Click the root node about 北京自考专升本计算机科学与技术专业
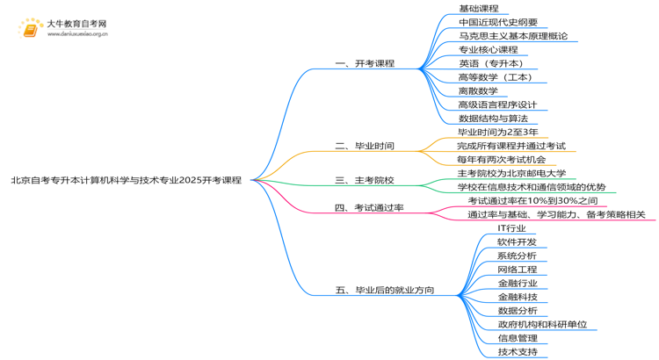tap(126, 180)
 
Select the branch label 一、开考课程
tap(365, 63)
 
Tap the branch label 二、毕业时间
tap(365, 146)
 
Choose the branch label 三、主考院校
tap(365, 180)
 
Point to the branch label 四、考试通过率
tap(369, 208)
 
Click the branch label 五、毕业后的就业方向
tap(385, 290)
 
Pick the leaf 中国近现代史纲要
tap(497, 22)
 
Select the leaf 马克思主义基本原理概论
tap(512, 36)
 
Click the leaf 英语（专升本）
tap(492, 63)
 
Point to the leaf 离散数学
tap(478, 90)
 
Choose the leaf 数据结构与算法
tap(493, 119)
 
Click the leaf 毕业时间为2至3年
tap(497, 132)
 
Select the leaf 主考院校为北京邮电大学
tap(511, 173)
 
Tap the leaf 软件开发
tap(517, 241)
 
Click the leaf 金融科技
tap(517, 297)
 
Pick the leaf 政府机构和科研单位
tap(541, 324)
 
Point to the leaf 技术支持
tap(517, 351)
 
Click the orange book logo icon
tap(31, 29)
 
